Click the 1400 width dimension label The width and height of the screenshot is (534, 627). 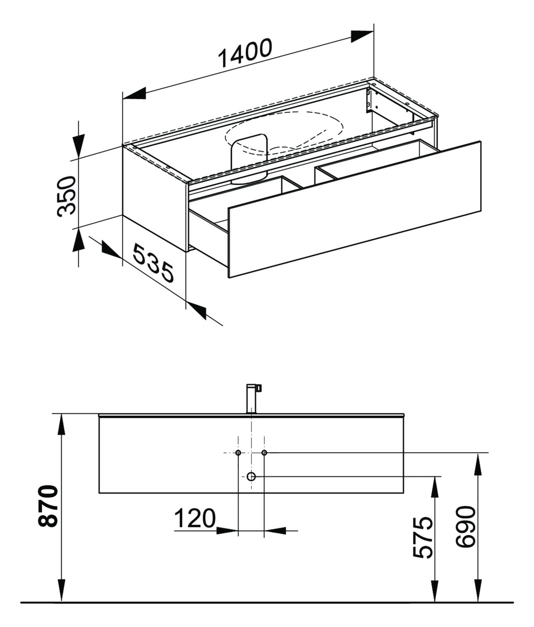tap(245, 54)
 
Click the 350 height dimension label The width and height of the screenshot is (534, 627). tap(67, 196)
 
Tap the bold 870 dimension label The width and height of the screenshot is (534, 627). tap(49, 506)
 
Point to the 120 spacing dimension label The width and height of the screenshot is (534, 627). tap(194, 518)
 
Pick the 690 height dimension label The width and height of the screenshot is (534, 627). tap(466, 526)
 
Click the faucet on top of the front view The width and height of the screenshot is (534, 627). tap(252, 398)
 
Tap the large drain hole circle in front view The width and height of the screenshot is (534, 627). tap(251, 476)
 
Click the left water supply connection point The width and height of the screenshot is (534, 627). tap(238, 453)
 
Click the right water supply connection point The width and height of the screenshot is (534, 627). tap(264, 453)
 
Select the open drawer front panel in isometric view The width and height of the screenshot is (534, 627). tap(355, 210)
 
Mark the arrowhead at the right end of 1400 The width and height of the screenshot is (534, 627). tap(362, 37)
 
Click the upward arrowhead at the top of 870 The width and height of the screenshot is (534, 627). tap(62, 425)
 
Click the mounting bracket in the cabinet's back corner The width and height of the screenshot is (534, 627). tap(370, 101)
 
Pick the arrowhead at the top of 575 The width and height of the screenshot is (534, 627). tap(435, 487)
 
